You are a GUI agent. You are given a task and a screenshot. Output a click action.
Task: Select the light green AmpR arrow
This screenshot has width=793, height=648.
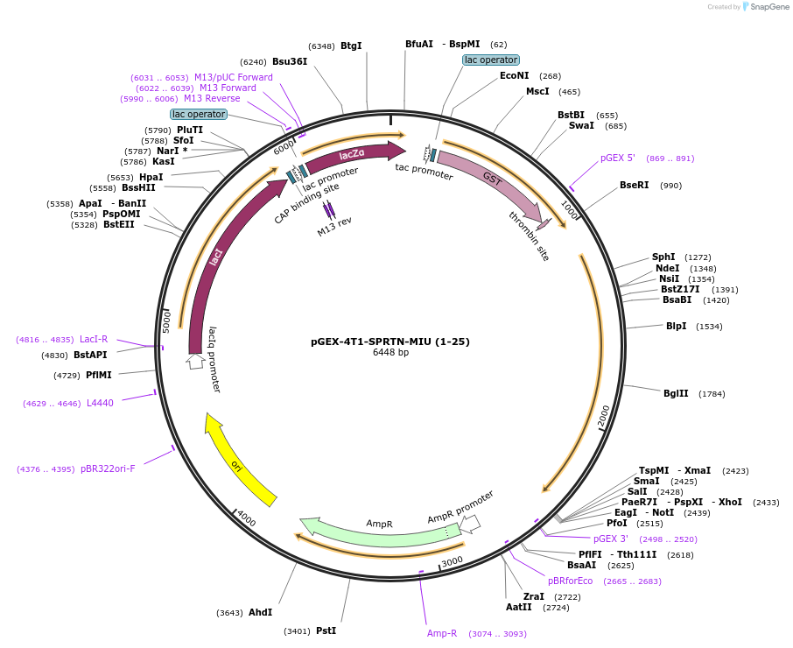(379, 535)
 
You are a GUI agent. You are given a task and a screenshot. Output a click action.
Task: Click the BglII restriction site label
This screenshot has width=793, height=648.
(676, 393)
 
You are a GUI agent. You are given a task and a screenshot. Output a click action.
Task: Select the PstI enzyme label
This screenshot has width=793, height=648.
(326, 630)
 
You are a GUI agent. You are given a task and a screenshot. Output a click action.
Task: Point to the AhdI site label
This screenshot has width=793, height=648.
(261, 612)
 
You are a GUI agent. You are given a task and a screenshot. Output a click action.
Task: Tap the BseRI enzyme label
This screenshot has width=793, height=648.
(635, 185)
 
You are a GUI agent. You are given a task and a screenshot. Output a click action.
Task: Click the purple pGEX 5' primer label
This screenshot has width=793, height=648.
(618, 158)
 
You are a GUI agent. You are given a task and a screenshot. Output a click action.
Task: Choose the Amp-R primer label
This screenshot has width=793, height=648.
(441, 633)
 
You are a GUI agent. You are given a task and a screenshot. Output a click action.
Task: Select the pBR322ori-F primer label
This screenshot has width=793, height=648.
(108, 469)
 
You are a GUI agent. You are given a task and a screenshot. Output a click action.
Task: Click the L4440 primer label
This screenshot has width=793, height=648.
(100, 403)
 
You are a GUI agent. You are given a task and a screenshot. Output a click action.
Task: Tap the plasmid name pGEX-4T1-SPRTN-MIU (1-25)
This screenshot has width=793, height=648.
(390, 342)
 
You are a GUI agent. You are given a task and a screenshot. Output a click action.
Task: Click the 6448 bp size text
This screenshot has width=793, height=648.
(390, 353)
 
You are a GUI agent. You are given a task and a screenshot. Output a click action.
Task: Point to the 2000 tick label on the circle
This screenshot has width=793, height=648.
(604, 415)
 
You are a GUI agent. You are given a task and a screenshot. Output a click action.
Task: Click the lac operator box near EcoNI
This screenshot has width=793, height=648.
(490, 60)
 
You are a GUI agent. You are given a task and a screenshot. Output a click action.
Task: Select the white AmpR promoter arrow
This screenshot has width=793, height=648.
(470, 524)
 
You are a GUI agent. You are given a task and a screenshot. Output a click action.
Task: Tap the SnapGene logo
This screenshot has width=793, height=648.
(766, 7)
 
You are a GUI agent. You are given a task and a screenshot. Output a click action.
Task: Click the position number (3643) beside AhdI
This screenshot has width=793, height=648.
(229, 613)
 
